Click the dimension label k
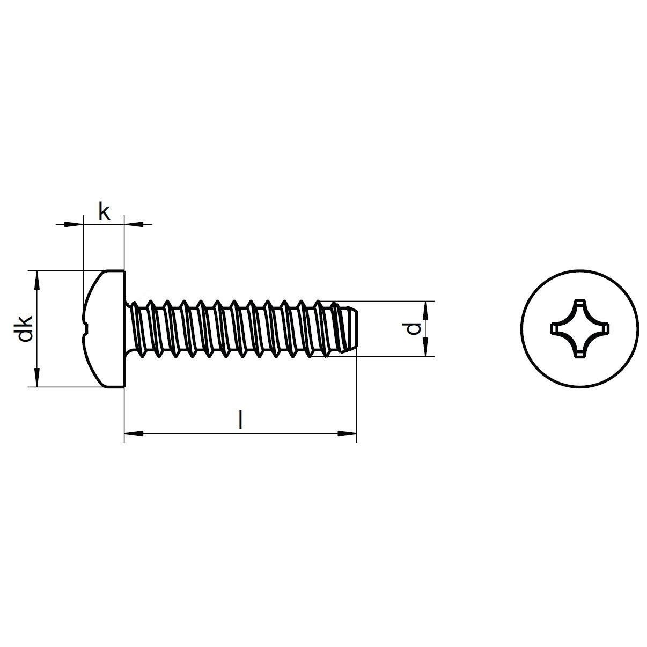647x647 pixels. coord(104,211)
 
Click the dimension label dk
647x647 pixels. coord(25,328)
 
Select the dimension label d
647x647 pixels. coord(413,328)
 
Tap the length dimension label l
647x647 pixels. coord(240,420)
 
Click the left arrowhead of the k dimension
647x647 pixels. coord(74,224)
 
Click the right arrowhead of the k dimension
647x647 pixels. coord(134,224)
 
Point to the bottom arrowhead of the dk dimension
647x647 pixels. coord(37,378)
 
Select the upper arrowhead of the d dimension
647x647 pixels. coord(425,311)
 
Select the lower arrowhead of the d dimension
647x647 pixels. coord(425,347)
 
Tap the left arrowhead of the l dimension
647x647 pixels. coord(134,433)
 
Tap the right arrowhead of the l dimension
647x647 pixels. coord(347,433)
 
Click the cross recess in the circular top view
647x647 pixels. coord(580,329)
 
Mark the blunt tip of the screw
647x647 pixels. coord(356,328)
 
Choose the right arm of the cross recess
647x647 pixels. coord(604,329)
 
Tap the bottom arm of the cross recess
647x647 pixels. coord(580,352)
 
